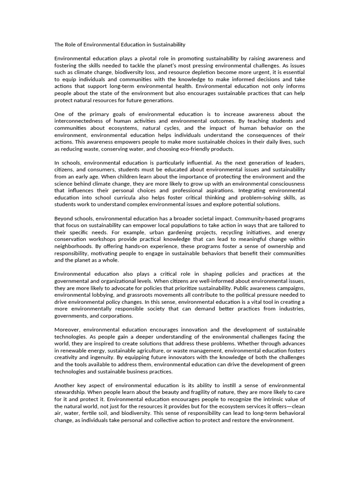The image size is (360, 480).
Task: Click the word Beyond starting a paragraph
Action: click(x=65, y=218)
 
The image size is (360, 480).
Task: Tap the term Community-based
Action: click(x=257, y=218)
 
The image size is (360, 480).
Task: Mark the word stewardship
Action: click(x=72, y=392)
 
